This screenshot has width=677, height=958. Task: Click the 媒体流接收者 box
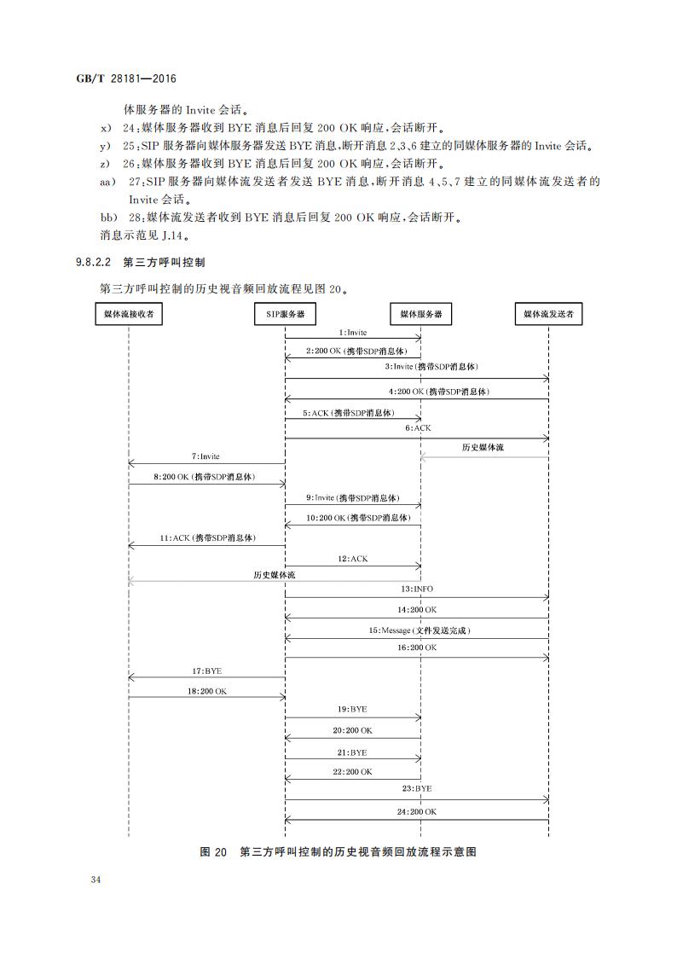[x=129, y=315]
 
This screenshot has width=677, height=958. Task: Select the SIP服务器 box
[x=285, y=315]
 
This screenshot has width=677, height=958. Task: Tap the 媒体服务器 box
[x=421, y=315]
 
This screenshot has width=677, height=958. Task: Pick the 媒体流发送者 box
[x=548, y=315]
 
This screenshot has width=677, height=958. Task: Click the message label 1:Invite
[x=352, y=333]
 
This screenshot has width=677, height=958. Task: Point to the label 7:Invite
[x=205, y=456]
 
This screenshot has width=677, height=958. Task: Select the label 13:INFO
[x=417, y=589]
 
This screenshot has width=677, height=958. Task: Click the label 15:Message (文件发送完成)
[x=419, y=630]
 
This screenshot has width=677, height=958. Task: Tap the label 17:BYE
[x=206, y=671]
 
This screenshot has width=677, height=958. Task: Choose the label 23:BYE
[x=417, y=789]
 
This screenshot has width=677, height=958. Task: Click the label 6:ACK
[x=418, y=427]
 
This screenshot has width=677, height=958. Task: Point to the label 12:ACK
[x=352, y=558]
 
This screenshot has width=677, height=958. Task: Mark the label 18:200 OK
[x=206, y=691]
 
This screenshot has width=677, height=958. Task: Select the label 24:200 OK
[x=417, y=813]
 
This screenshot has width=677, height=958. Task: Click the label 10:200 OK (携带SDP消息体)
[x=358, y=518]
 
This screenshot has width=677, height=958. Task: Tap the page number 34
[x=95, y=880]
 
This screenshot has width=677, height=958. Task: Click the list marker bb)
[x=107, y=217]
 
